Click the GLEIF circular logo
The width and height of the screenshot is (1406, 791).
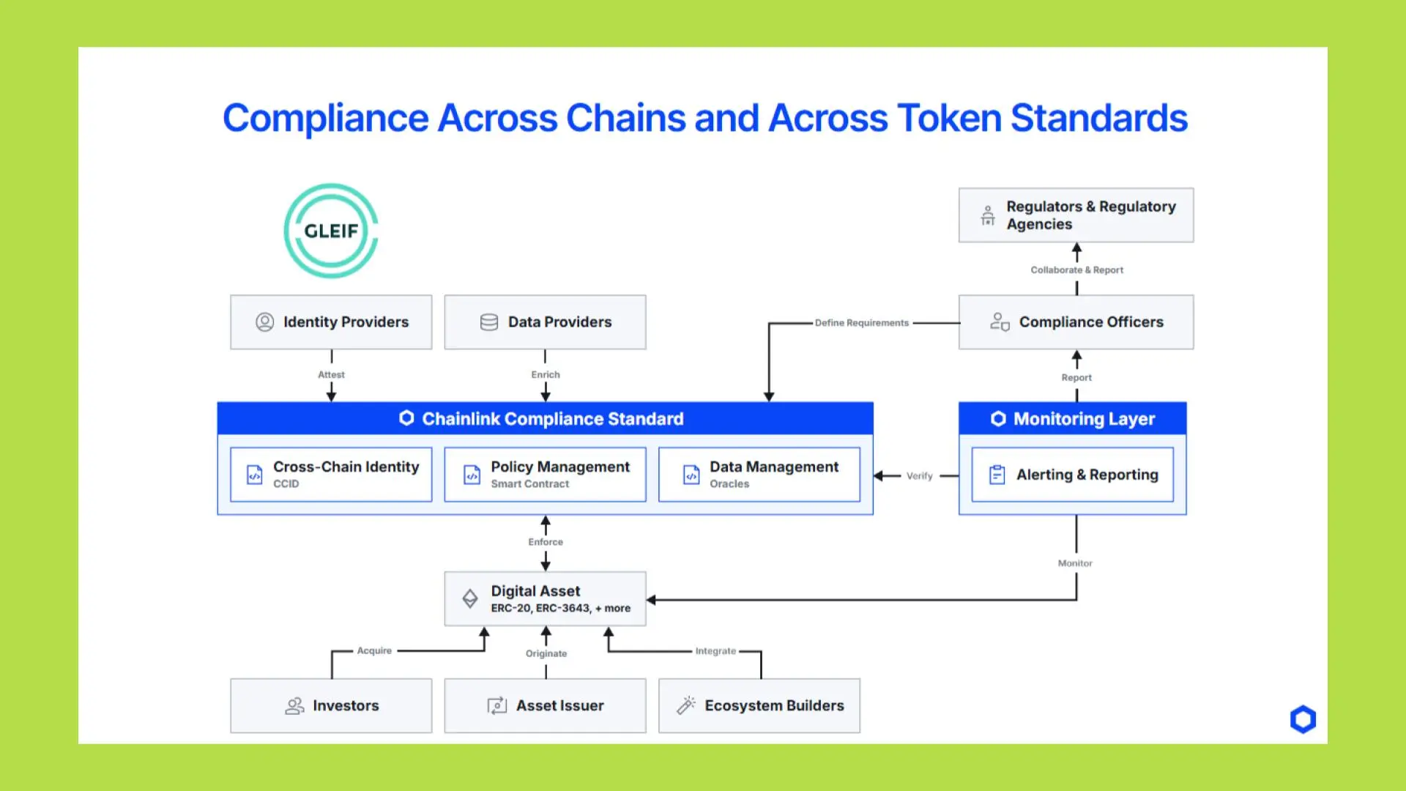pyautogui.click(x=331, y=231)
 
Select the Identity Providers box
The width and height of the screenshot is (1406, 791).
pyautogui.click(x=331, y=322)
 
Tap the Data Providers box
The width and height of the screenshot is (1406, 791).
pyautogui.click(x=545, y=322)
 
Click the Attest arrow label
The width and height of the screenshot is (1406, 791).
pyautogui.click(x=331, y=374)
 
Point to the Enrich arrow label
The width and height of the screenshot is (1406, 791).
pyautogui.click(x=546, y=374)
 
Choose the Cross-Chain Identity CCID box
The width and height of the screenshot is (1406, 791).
pyautogui.click(x=331, y=475)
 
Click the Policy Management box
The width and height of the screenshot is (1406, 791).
pyautogui.click(x=545, y=475)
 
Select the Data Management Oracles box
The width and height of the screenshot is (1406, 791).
pyautogui.click(x=759, y=475)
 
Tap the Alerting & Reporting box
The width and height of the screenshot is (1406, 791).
pyautogui.click(x=1072, y=475)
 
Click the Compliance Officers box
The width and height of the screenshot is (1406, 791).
pyautogui.click(x=1076, y=322)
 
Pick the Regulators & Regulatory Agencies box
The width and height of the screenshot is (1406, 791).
pyautogui.click(x=1076, y=215)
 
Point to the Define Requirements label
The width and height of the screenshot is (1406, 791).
pyautogui.click(x=861, y=323)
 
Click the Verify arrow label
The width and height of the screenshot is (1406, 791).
pyautogui.click(x=920, y=476)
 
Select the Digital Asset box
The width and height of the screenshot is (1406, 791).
pyautogui.click(x=545, y=599)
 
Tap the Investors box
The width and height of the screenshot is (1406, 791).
pyautogui.click(x=331, y=705)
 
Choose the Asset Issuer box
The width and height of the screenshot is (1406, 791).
pyautogui.click(x=545, y=705)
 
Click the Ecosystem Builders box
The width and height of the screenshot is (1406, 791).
pyautogui.click(x=759, y=705)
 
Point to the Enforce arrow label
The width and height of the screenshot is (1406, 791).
pyautogui.click(x=546, y=542)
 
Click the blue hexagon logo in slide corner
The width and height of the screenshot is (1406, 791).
pyautogui.click(x=1303, y=719)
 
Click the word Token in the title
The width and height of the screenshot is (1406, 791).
pyautogui.click(x=949, y=119)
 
